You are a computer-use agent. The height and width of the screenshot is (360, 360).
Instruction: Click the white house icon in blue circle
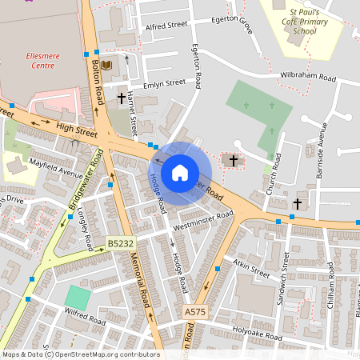point(180,172)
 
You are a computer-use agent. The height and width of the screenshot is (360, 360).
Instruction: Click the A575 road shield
point(195,311)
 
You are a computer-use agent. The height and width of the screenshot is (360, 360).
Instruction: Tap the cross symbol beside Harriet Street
point(122,98)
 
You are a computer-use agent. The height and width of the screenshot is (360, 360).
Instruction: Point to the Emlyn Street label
point(163,82)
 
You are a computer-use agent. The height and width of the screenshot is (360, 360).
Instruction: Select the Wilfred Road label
point(86,320)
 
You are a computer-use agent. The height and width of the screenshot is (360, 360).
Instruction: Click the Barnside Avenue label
point(322,152)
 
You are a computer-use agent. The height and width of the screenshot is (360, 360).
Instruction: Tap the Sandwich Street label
point(286,276)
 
